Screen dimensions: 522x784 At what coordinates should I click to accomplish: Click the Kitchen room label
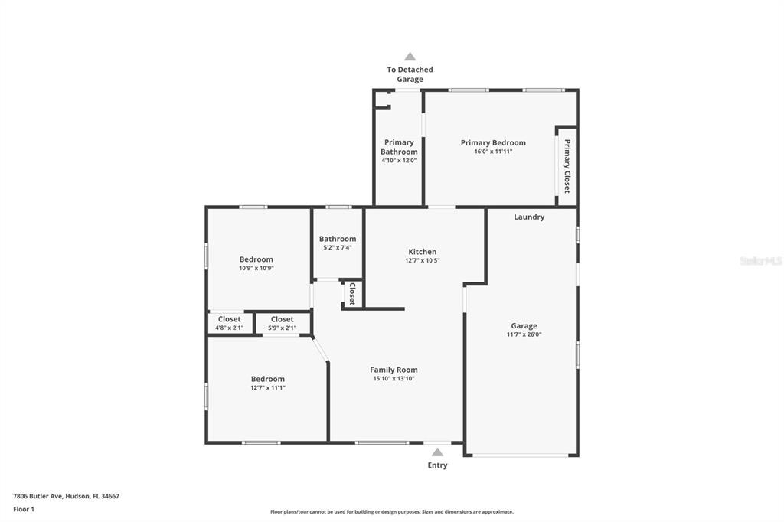[x=422, y=252]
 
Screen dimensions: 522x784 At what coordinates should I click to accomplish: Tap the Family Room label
[x=394, y=370]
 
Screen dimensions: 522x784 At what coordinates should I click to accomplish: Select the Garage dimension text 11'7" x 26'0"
[x=524, y=334]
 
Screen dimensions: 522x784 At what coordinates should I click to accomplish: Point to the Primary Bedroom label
[x=493, y=142]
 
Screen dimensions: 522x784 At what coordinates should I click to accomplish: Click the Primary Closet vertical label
[x=567, y=166]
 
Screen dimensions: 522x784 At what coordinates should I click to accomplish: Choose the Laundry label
[x=529, y=217]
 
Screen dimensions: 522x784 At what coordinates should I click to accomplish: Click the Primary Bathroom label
[x=399, y=147]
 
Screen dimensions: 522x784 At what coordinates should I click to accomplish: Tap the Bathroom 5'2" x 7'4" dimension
[x=337, y=248]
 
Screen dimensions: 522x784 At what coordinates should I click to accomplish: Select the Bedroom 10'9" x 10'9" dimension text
[x=256, y=269]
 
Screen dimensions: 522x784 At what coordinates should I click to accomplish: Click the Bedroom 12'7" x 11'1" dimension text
[x=267, y=388]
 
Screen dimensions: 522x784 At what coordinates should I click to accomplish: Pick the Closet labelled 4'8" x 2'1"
[x=229, y=324]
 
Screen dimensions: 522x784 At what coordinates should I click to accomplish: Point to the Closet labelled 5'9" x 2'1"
[x=282, y=324]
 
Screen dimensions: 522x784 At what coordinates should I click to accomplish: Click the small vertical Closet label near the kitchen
[x=352, y=294]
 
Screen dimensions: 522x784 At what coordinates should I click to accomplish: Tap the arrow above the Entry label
[x=437, y=452]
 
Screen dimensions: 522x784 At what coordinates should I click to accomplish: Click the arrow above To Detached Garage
[x=410, y=56]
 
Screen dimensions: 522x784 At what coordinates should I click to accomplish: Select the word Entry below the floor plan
[x=437, y=465]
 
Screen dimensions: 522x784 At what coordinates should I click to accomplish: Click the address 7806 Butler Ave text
[x=66, y=496]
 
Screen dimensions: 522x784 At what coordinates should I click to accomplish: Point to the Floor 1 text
[x=24, y=509]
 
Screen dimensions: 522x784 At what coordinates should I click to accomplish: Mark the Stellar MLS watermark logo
[x=760, y=261]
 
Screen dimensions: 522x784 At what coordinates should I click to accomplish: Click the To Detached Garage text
[x=410, y=74]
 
